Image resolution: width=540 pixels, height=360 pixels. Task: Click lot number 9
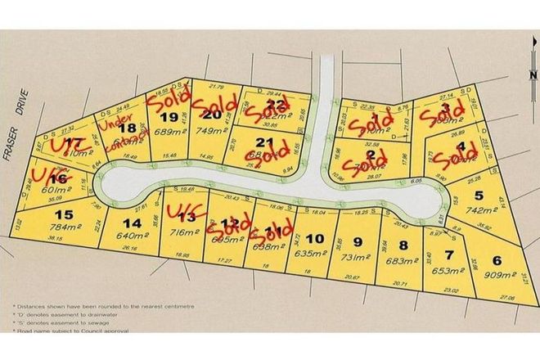point(357,241)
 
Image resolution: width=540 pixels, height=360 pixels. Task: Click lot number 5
point(502,196)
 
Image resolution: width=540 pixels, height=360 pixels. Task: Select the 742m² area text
point(500,211)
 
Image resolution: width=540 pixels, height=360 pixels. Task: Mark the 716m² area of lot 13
point(180,232)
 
